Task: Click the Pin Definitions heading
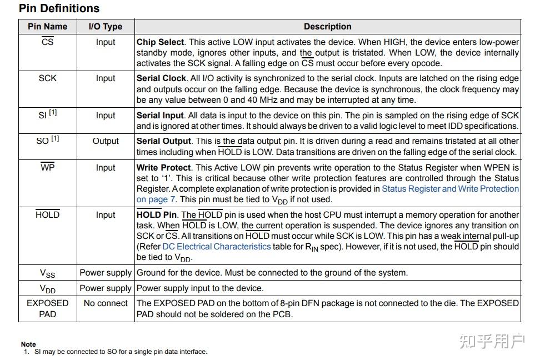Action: pyautogui.click(x=59, y=8)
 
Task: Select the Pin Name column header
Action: pyautogui.click(x=47, y=27)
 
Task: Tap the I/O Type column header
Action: pyautogui.click(x=106, y=27)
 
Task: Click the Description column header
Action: pyautogui.click(x=327, y=27)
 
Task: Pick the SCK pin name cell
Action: pyautogui.click(x=47, y=78)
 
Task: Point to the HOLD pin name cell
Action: pyautogui.click(x=47, y=215)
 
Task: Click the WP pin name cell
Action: pyautogui.click(x=47, y=168)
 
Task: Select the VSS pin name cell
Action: pyautogui.click(x=47, y=273)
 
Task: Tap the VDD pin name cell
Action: pyautogui.click(x=47, y=289)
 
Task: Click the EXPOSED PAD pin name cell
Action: pyautogui.click(x=47, y=308)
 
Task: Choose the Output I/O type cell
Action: pyautogui.click(x=106, y=141)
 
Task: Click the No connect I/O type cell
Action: pyautogui.click(x=106, y=303)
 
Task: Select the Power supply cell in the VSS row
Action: pyautogui.click(x=106, y=273)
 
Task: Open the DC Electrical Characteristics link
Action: pyautogui.click(x=217, y=247)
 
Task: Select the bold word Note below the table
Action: pyautogui.click(x=28, y=344)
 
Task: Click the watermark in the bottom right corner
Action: pyautogui.click(x=492, y=341)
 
